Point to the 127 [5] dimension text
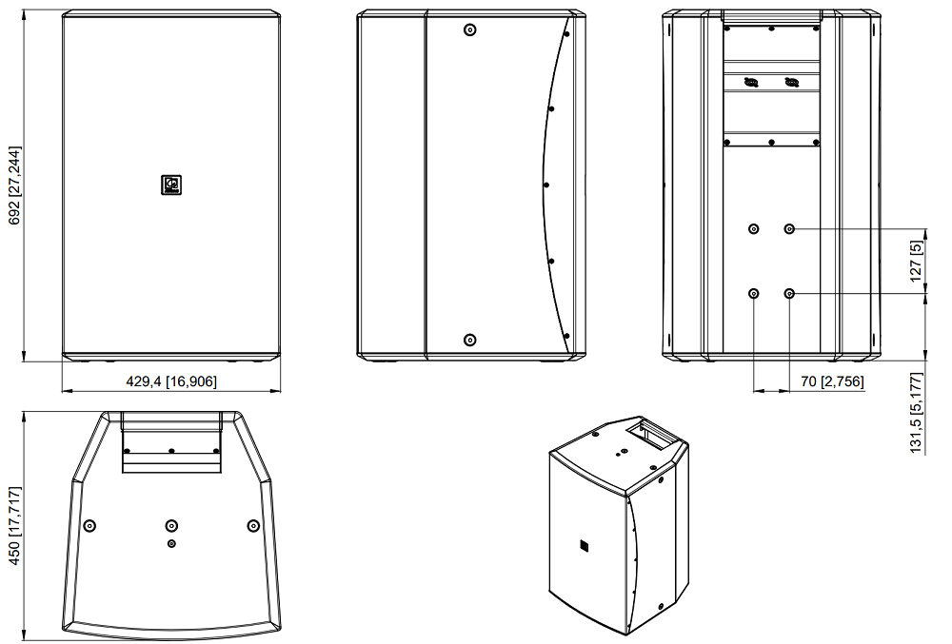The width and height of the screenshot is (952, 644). [916, 261]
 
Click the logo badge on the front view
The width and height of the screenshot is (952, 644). [171, 185]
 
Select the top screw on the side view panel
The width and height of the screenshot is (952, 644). [470, 29]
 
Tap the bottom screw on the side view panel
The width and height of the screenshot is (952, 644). [470, 341]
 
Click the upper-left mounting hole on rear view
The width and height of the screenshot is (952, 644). [753, 228]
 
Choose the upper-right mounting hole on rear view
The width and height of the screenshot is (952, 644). [789, 228]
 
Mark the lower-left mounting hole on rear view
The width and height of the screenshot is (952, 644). [753, 294]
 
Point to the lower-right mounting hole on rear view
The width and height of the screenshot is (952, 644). [789, 294]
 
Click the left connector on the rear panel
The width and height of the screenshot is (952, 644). [751, 82]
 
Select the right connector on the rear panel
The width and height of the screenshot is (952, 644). [792, 82]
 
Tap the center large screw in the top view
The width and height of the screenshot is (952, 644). [171, 525]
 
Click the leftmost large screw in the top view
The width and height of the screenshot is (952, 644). [89, 525]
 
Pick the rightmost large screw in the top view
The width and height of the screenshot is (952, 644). [254, 525]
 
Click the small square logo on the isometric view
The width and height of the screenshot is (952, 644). [585, 545]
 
